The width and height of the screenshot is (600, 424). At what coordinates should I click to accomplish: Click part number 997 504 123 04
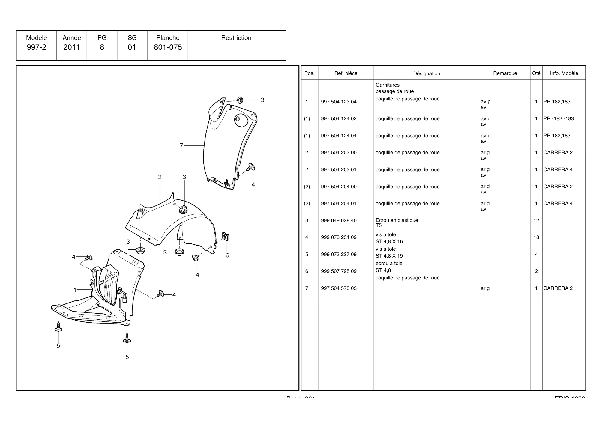click(x=339, y=102)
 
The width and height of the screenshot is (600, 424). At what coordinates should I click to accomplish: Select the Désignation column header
click(x=427, y=73)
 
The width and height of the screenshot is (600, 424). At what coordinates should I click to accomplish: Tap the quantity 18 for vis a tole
click(x=536, y=237)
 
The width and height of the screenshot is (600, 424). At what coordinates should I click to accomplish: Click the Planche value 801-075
click(x=168, y=47)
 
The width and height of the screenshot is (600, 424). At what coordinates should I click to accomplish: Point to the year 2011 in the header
click(x=72, y=47)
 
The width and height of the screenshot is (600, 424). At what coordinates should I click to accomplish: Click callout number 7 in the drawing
click(x=181, y=145)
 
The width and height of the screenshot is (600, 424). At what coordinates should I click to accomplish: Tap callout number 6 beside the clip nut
click(x=227, y=255)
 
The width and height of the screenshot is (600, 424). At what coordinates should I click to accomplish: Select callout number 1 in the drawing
click(x=75, y=290)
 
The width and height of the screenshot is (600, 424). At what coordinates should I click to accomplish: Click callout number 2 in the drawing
click(x=160, y=177)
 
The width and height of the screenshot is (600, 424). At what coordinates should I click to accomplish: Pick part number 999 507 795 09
click(x=339, y=271)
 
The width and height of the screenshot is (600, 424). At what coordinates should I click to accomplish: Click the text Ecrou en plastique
click(x=397, y=220)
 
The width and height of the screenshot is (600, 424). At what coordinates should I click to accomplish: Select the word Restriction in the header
click(x=236, y=38)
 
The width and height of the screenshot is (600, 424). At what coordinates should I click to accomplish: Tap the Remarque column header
click(x=505, y=73)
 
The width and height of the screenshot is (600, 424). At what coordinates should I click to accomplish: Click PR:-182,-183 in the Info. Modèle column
click(x=558, y=118)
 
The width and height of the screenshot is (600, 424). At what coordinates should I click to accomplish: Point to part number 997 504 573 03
click(x=339, y=288)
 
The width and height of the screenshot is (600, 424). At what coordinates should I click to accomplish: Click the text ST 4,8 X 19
click(x=389, y=256)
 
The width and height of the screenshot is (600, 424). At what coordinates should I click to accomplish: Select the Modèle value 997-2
click(x=37, y=47)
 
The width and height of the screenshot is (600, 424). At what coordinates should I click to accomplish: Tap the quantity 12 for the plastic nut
click(x=536, y=220)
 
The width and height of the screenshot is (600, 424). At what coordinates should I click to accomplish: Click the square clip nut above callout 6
click(x=226, y=237)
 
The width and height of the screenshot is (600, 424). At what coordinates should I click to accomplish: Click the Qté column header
click(x=536, y=73)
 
